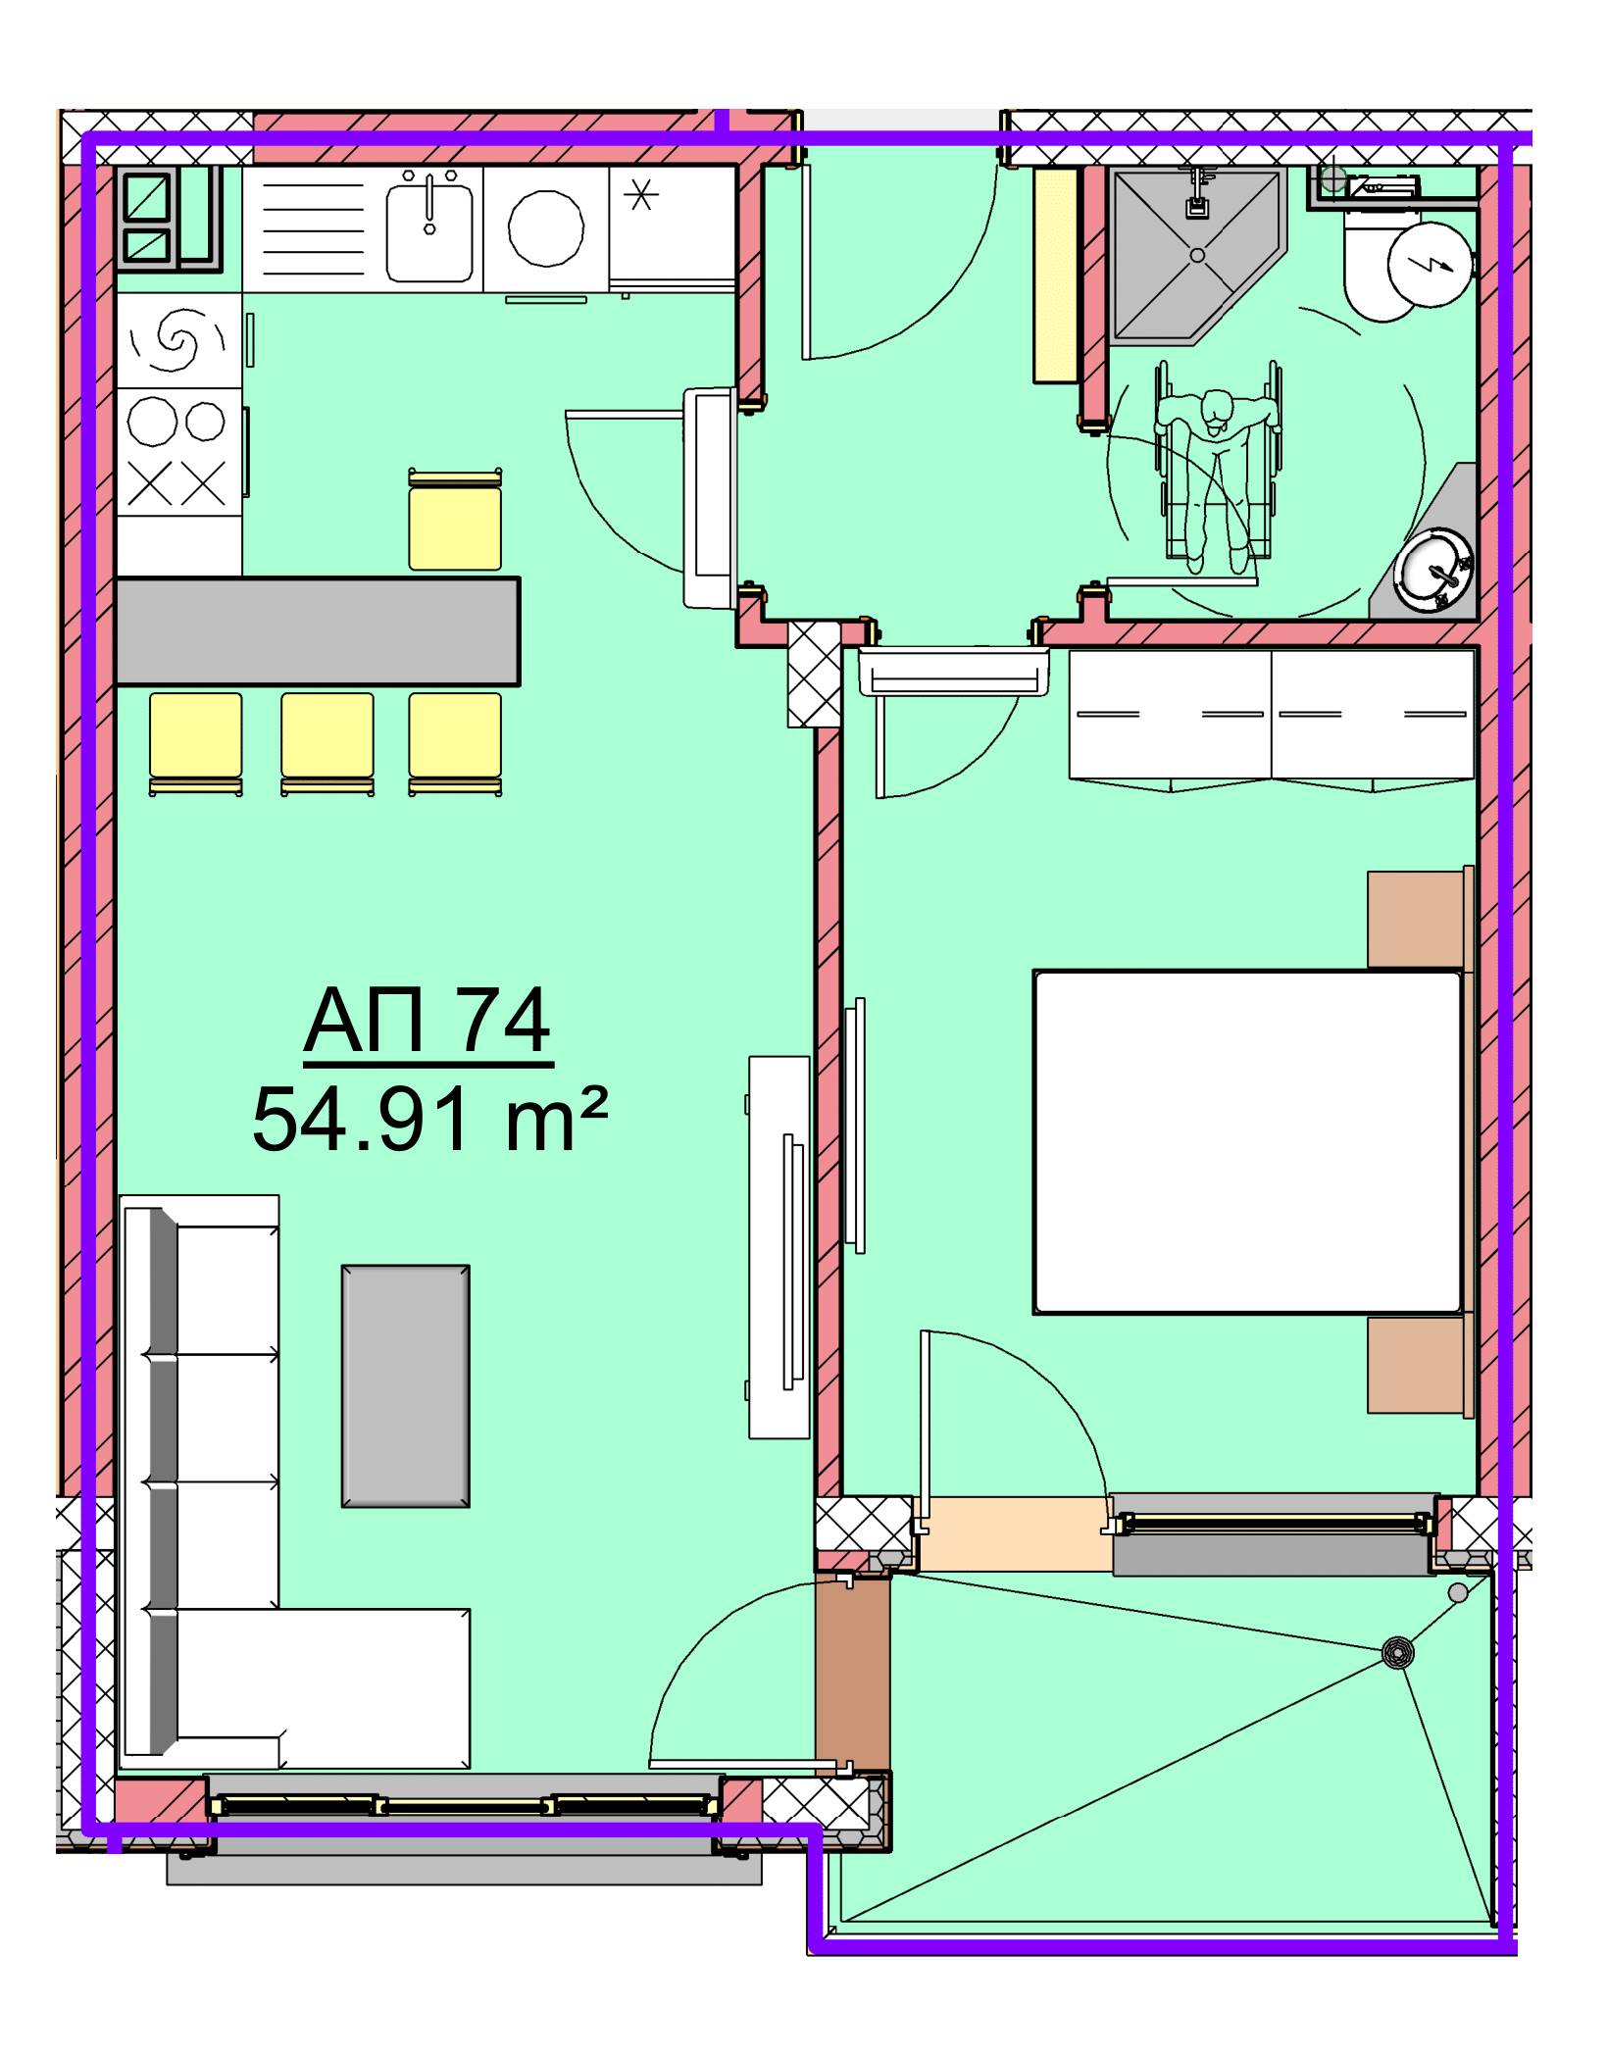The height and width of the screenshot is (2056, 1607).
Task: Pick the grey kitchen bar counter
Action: tap(318, 631)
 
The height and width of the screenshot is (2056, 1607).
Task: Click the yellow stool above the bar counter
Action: tap(455, 521)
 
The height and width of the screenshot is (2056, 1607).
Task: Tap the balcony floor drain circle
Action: tap(1398, 1653)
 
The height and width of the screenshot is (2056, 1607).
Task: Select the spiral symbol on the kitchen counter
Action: tap(177, 336)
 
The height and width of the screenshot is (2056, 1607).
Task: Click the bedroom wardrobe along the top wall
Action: tap(1272, 719)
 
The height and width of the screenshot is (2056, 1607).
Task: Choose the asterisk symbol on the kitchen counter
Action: tap(643, 196)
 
